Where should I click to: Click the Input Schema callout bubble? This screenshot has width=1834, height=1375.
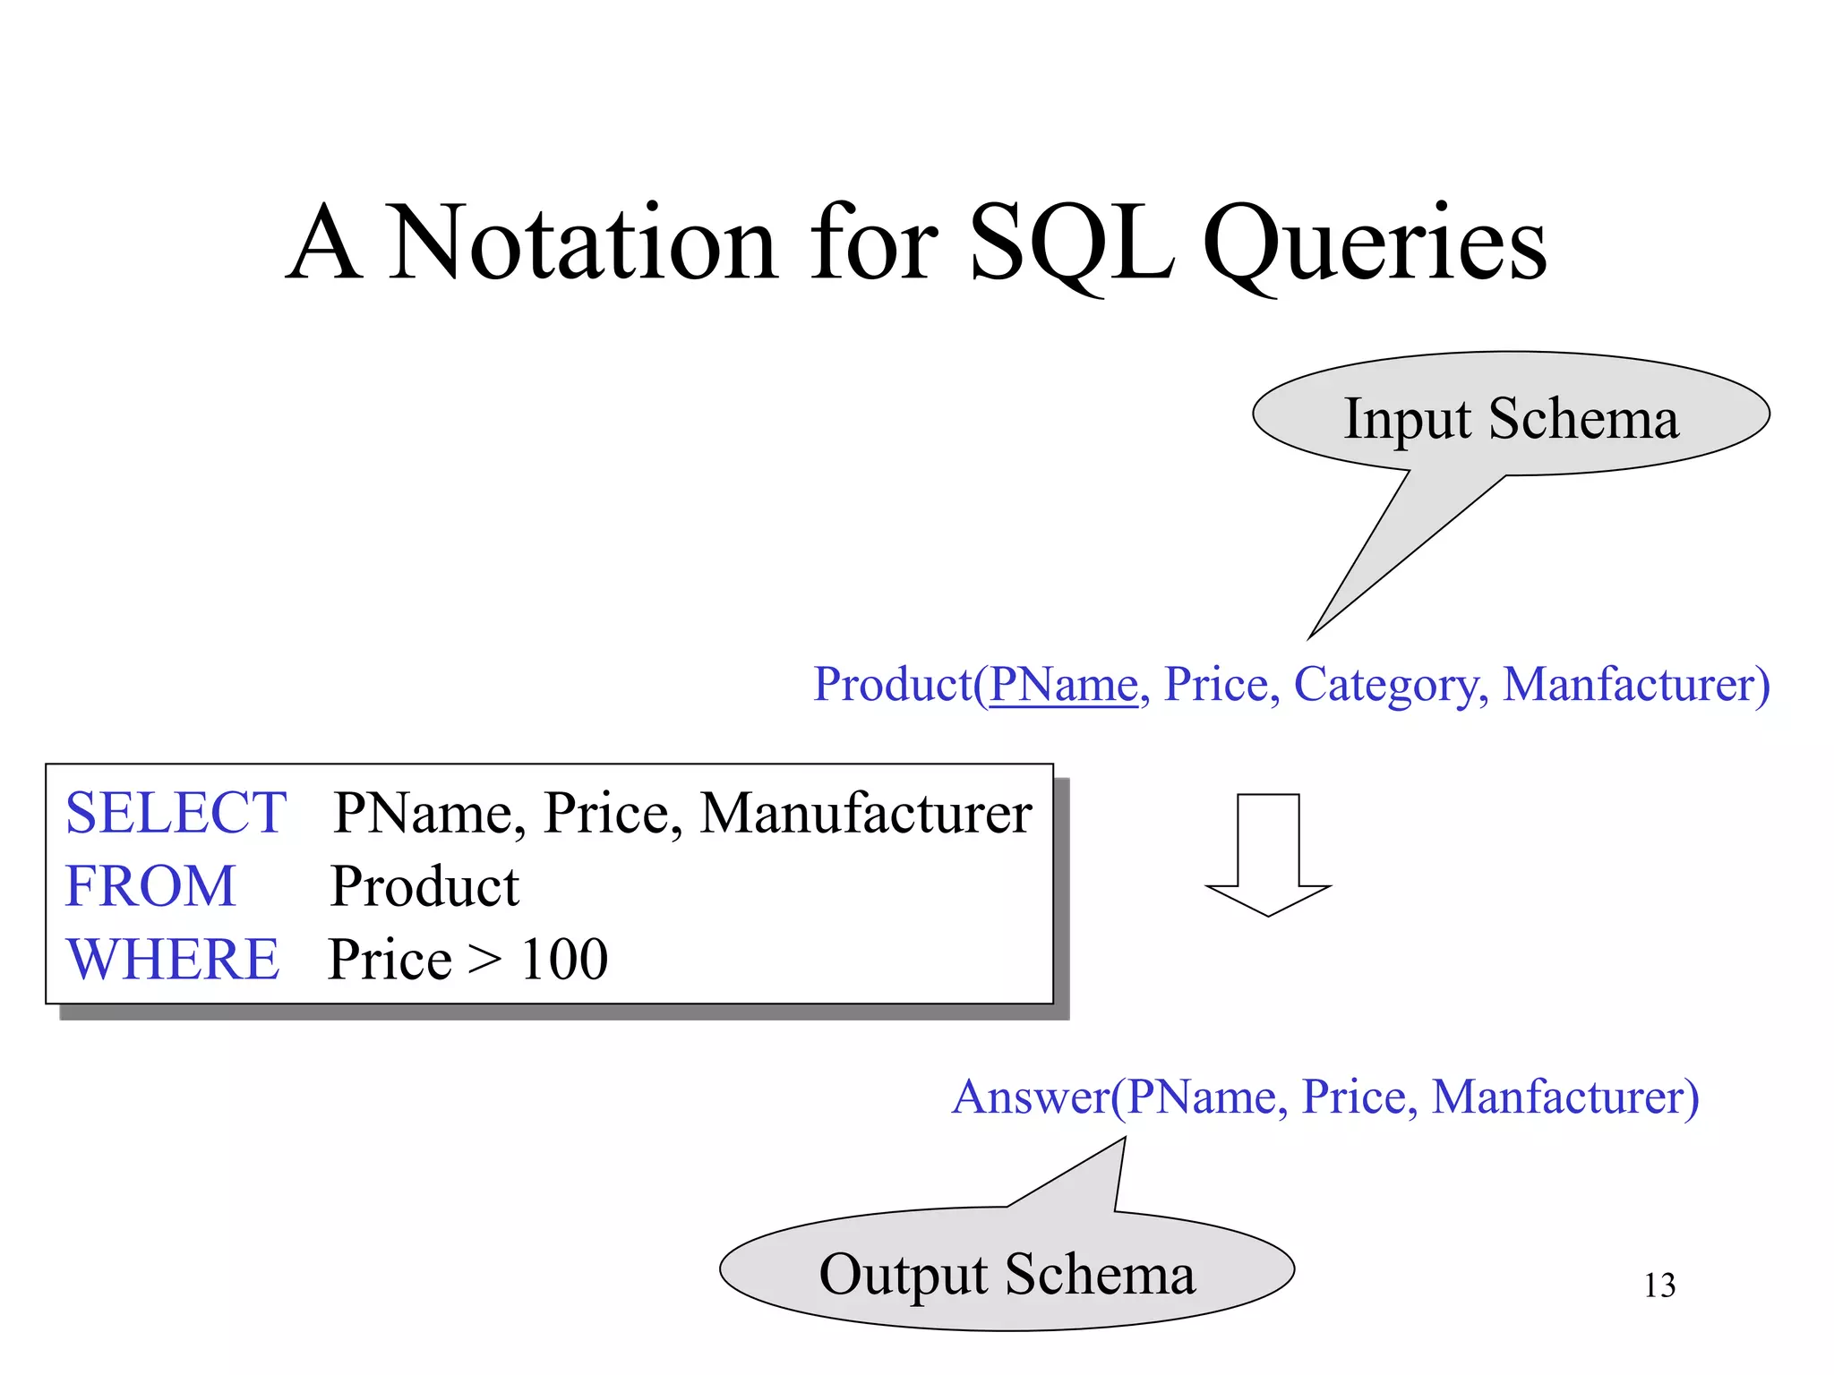point(1511,417)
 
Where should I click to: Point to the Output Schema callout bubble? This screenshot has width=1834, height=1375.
point(1007,1273)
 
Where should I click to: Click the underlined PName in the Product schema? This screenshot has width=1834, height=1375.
point(1063,685)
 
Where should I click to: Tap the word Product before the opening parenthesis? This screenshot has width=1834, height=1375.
point(892,685)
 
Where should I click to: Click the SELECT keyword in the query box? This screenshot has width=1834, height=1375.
point(176,813)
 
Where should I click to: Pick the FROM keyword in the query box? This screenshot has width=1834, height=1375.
point(150,886)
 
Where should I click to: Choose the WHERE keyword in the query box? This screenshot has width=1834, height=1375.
point(173,960)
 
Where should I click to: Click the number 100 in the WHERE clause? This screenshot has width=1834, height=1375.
point(564,960)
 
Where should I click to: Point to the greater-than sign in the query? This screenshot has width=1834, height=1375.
point(485,961)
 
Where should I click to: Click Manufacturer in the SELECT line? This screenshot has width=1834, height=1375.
point(865,813)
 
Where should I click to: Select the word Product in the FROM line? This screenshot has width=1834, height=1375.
point(424,887)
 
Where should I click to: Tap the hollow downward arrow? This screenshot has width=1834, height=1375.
point(1268,854)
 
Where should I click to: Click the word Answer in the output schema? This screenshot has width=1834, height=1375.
point(1031,1097)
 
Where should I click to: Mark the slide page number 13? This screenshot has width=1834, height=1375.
point(1659,1285)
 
